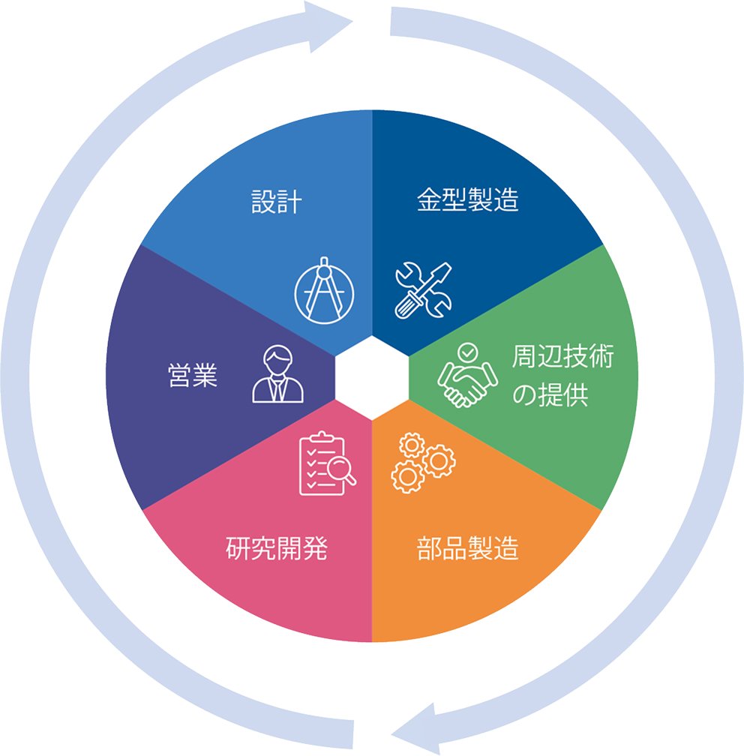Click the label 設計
tap(277, 202)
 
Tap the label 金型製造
tap(468, 199)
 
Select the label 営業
tap(193, 376)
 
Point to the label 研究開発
tap(277, 548)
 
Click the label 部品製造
tap(468, 548)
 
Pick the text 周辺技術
tap(562, 356)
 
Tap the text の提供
tap(550, 394)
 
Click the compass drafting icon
tap(324, 290)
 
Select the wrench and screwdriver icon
tap(423, 290)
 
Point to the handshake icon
tap(467, 375)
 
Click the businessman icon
tap(277, 373)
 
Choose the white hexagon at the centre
tap(372, 378)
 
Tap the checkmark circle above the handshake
tap(467, 352)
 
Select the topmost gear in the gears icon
tap(412, 445)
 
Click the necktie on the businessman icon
tap(277, 389)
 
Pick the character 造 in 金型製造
tap(506, 199)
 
